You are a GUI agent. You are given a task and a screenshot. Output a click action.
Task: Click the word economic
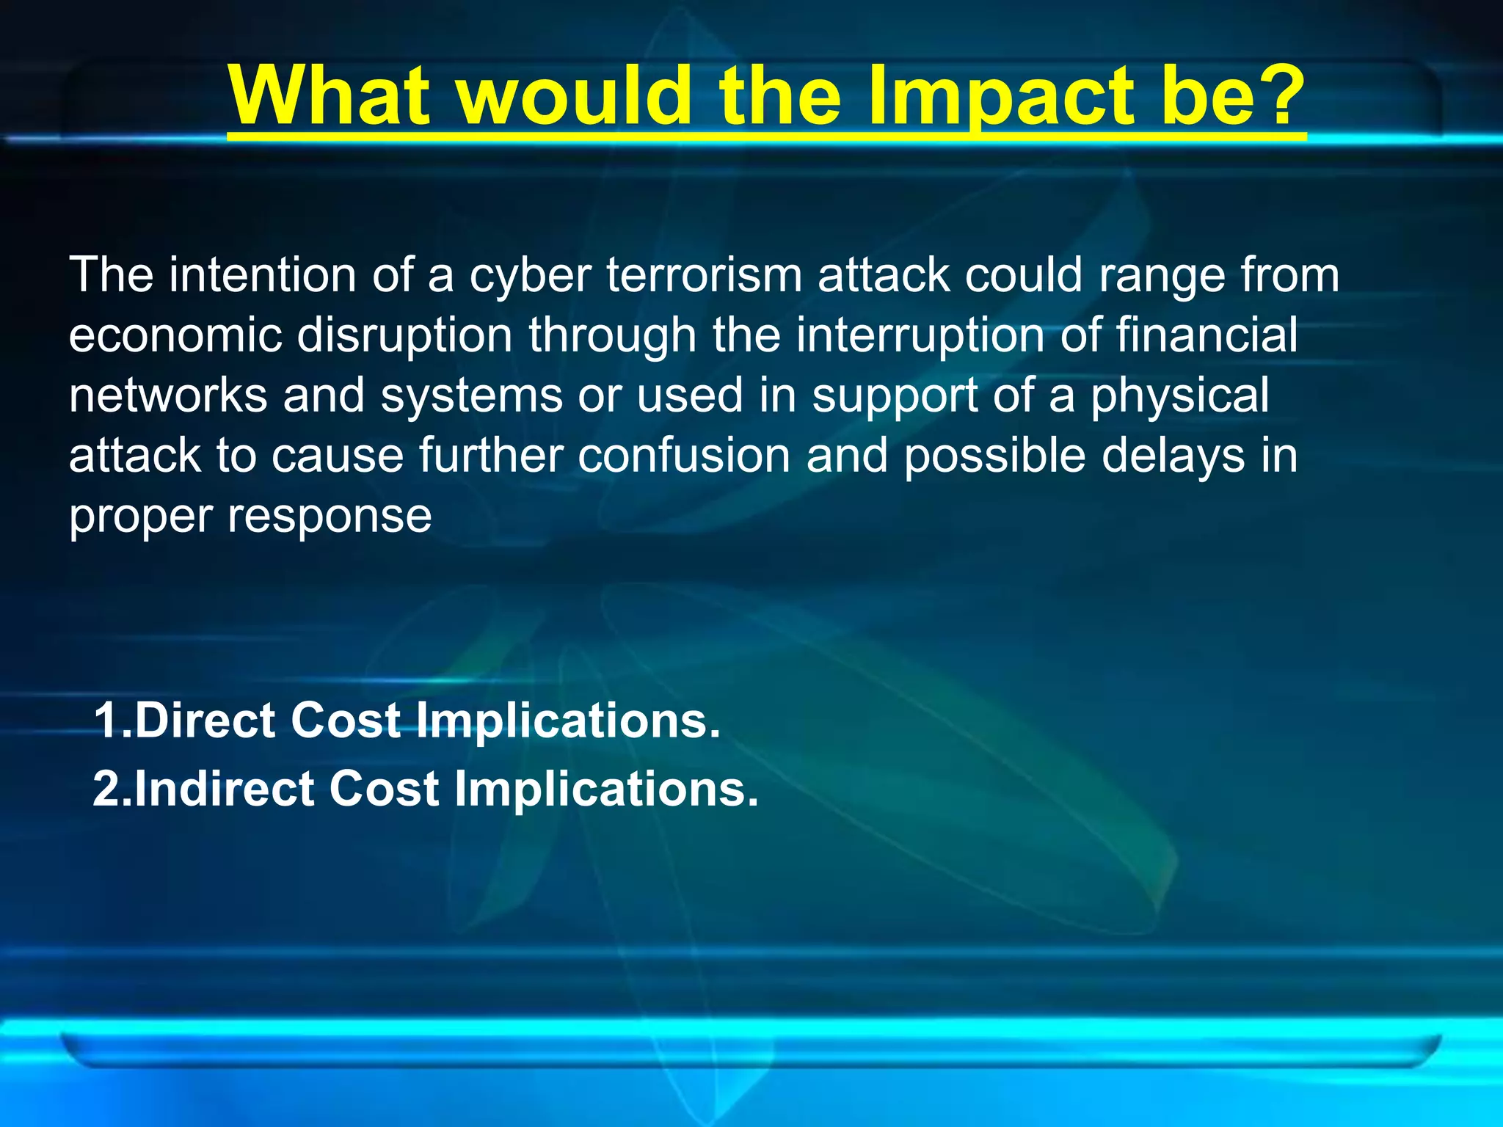tap(175, 336)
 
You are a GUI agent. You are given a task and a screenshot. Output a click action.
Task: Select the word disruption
tap(404, 336)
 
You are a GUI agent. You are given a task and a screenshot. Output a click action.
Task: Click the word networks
tap(168, 395)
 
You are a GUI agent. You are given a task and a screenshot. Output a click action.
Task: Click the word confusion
tap(684, 456)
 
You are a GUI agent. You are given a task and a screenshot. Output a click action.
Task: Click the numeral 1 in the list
tap(104, 721)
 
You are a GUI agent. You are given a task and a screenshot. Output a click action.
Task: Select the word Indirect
tap(225, 789)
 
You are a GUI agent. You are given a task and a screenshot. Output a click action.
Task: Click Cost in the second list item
tap(383, 789)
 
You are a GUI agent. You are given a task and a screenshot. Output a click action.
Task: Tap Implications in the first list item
tap(567, 722)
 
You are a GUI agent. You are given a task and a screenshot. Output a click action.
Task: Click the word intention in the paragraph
tap(263, 276)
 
